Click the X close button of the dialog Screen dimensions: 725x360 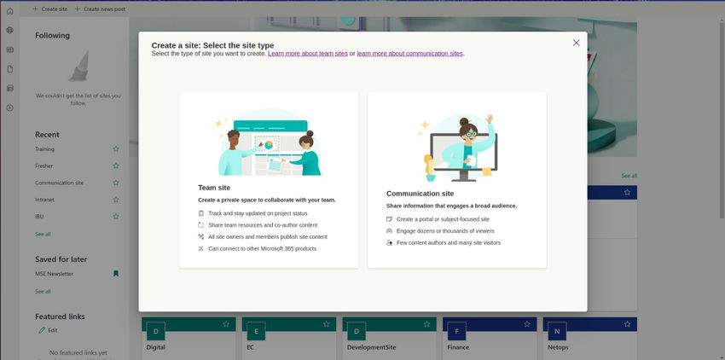[x=576, y=43]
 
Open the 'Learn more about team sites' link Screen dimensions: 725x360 [x=308, y=53]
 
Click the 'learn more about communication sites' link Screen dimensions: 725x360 [x=409, y=53]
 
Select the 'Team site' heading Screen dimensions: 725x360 [x=214, y=188]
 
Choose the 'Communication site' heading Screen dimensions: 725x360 [x=420, y=194]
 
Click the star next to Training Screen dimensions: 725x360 [x=116, y=149]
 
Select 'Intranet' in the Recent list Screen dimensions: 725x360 [x=44, y=200]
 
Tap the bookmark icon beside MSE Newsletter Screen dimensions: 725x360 [x=116, y=274]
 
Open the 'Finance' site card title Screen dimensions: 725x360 [x=458, y=347]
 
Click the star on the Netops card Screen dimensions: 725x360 [x=628, y=324]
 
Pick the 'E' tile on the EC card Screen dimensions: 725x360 [x=256, y=331]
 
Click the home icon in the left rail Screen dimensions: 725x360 [x=9, y=10]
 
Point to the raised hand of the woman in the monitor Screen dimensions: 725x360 [x=490, y=119]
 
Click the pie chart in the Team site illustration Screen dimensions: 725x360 [x=268, y=145]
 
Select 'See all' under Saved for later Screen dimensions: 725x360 [x=43, y=292]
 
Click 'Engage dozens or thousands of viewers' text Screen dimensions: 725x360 [x=445, y=231]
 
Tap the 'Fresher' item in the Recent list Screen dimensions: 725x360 [x=43, y=165]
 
